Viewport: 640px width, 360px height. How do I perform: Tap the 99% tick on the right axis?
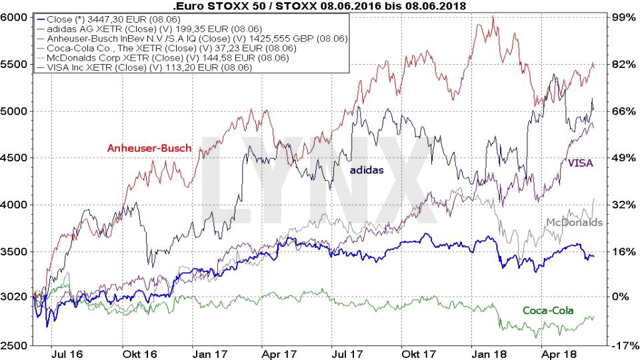[623, 17]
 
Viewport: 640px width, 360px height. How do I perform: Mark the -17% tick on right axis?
[622, 346]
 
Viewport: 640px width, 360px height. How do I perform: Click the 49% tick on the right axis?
[623, 158]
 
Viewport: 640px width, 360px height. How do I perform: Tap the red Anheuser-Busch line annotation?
[149, 148]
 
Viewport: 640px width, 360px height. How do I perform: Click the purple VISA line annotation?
[580, 162]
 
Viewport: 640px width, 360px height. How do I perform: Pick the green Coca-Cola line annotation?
[548, 310]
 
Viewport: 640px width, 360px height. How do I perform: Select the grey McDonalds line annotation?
[574, 222]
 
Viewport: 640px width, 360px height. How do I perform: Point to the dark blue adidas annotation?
[367, 170]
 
